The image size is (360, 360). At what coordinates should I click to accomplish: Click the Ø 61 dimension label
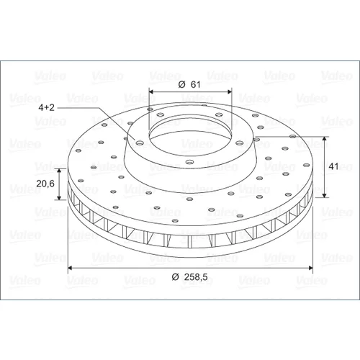coord(189,84)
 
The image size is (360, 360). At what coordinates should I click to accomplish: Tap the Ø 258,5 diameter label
coord(189,277)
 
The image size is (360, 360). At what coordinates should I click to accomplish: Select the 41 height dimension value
coord(333,166)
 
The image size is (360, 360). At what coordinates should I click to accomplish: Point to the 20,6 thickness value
coord(45,184)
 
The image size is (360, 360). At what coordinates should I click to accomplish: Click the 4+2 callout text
coord(47,107)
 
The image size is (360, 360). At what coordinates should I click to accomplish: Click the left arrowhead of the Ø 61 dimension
coord(151,91)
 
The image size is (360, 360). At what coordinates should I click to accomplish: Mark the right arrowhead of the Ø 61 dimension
coord(230,91)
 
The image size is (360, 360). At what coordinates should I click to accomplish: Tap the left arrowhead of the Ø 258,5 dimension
coord(71,268)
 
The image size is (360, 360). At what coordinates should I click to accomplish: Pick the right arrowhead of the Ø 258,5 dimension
coord(310,268)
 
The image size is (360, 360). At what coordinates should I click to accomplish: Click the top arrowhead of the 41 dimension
coord(325,139)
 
